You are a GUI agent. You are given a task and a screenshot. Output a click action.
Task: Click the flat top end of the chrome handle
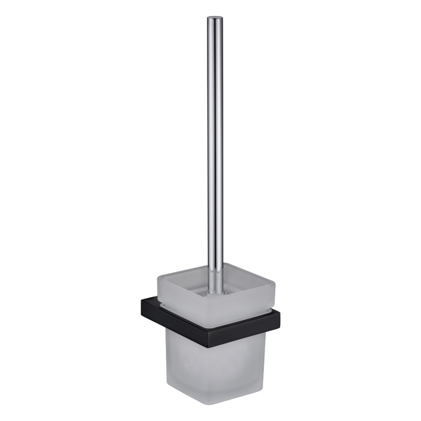[214, 18]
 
